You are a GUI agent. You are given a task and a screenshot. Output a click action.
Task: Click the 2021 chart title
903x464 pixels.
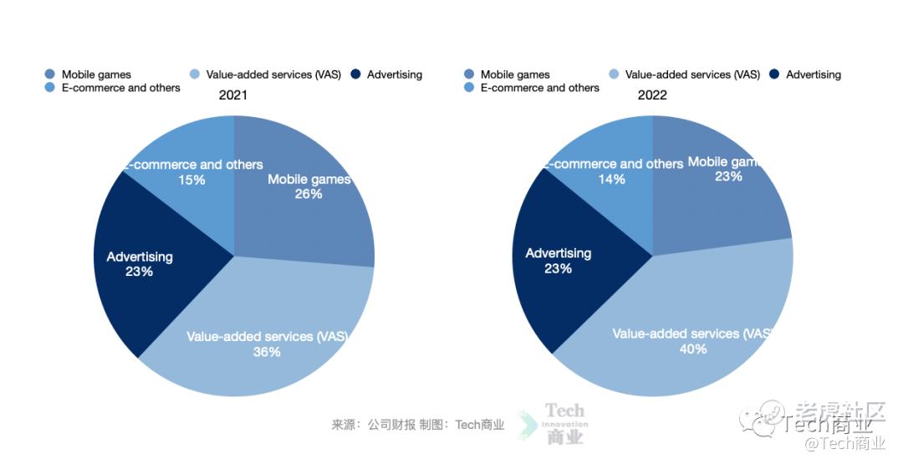233,95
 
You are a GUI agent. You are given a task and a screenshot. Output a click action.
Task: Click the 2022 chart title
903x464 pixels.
652,95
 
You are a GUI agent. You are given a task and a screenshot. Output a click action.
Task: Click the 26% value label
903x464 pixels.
309,194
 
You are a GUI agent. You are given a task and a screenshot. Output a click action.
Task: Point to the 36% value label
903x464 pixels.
267,352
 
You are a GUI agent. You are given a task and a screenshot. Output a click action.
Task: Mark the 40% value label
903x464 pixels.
693,349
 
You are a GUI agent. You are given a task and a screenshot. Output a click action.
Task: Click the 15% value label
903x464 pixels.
191,180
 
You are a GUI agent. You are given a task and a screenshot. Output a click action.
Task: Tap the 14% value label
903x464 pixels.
611,179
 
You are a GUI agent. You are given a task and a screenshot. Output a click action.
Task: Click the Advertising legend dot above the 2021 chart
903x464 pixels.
355,74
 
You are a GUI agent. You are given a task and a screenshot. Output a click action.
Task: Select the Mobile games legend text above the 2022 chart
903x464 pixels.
515,74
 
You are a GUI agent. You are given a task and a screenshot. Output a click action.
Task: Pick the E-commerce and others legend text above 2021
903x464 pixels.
120,88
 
